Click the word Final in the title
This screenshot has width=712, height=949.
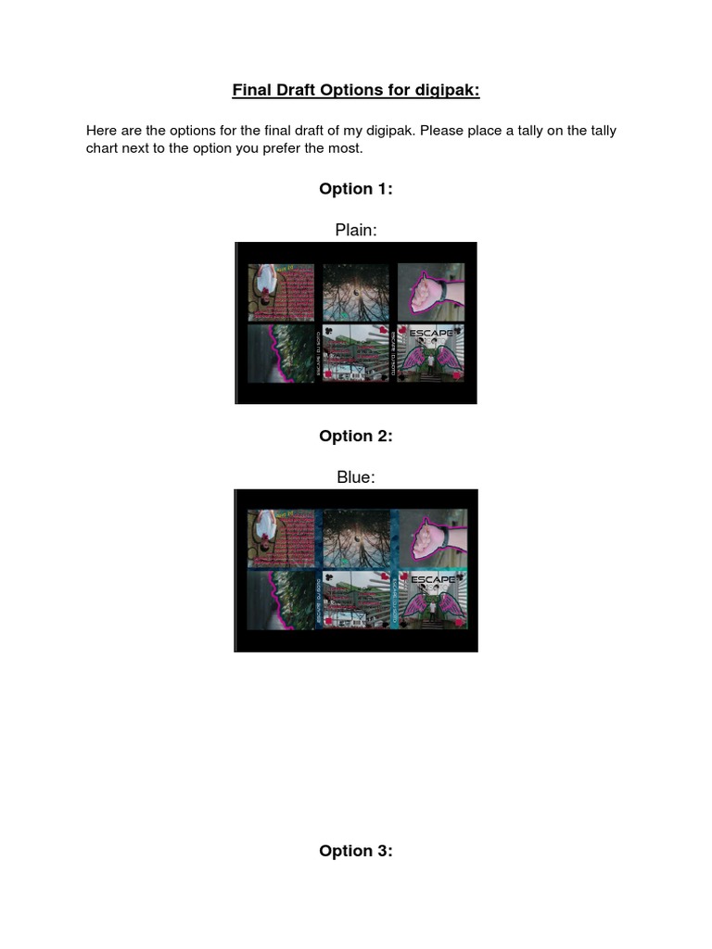252,90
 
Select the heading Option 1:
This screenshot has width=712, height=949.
356,189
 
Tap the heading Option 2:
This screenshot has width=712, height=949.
356,437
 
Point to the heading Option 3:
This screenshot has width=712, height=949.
356,851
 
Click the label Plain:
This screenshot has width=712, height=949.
356,230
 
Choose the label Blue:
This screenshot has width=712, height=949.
356,477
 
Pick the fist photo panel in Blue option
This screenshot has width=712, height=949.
431,538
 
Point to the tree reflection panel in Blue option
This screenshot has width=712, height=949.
356,538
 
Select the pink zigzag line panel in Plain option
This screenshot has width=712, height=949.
281,354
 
